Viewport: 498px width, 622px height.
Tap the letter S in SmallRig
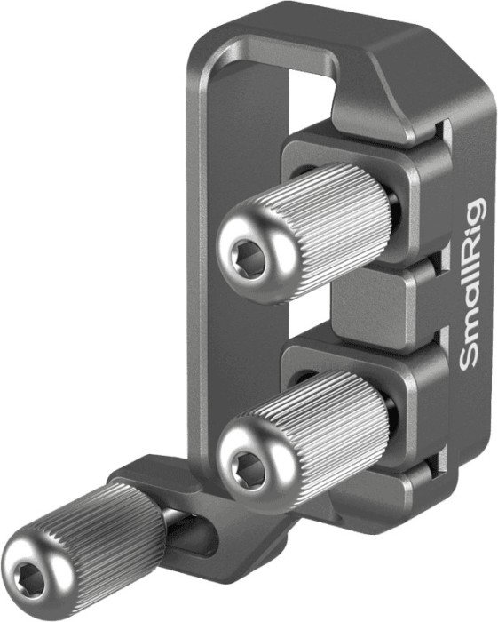click(470, 357)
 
